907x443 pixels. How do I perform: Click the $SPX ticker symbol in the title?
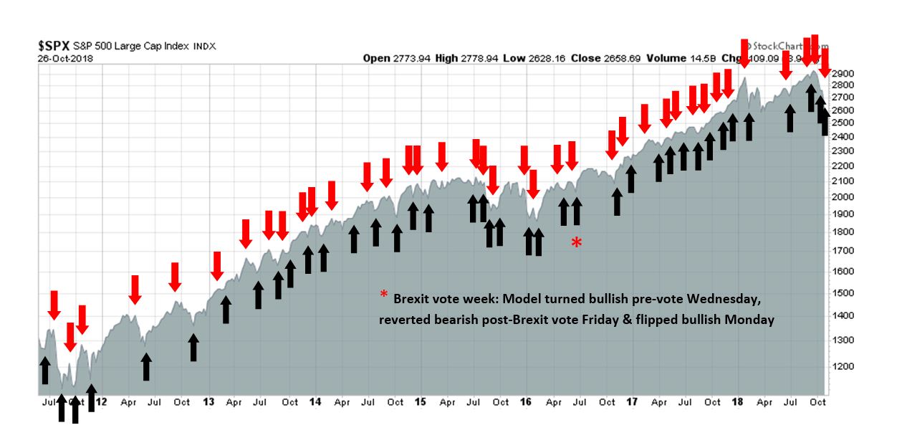coord(54,45)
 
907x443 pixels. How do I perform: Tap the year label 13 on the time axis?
coord(209,402)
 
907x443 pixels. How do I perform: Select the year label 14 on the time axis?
coord(315,402)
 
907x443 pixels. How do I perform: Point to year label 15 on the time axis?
coord(421,402)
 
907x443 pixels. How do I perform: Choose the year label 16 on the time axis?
coord(526,402)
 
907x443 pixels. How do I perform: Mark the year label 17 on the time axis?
coord(633,402)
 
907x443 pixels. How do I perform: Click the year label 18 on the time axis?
coord(738,402)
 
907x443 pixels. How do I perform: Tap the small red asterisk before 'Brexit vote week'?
coord(384,295)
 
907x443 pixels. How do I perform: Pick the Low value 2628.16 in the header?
coord(550,58)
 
